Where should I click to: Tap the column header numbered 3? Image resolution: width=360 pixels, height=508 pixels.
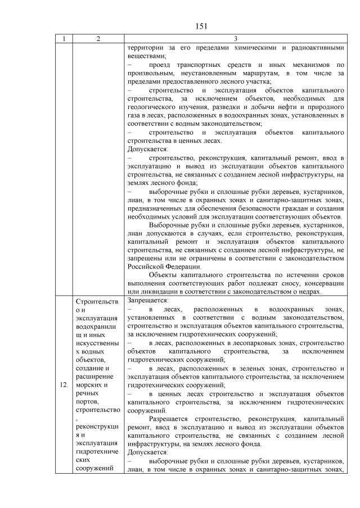coord(235,39)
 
